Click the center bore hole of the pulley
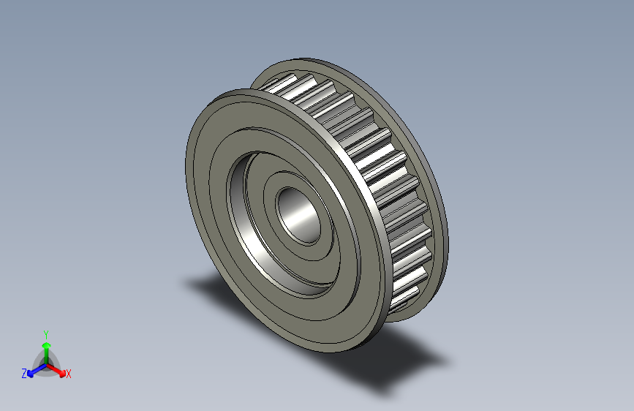coord(297,214)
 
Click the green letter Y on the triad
coord(45,333)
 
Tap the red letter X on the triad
coord(69,374)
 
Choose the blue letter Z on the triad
coord(24,374)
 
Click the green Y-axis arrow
coord(45,347)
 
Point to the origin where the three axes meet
coord(45,363)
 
